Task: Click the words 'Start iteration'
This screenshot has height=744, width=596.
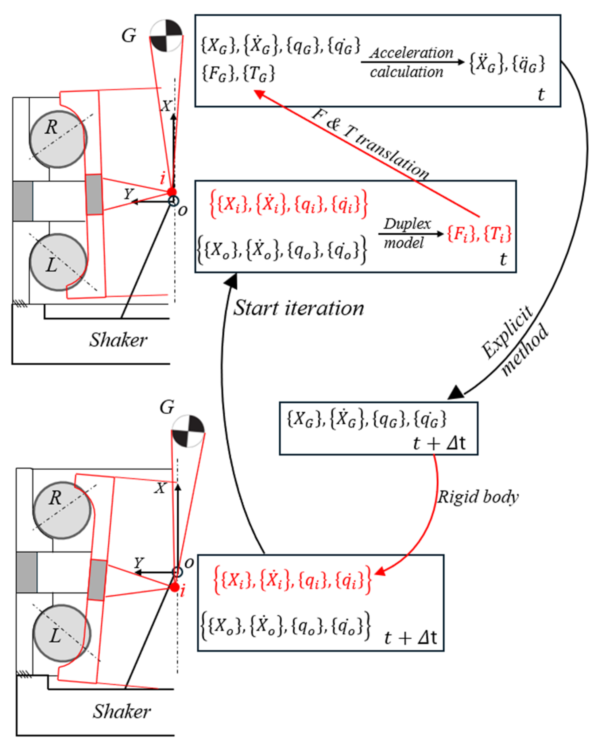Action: [x=299, y=308]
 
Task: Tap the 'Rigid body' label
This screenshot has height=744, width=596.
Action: [x=478, y=497]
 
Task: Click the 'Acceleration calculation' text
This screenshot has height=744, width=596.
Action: [x=412, y=62]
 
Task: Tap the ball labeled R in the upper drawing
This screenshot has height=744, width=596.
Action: [x=58, y=139]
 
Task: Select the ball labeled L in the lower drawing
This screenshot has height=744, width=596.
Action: [x=62, y=634]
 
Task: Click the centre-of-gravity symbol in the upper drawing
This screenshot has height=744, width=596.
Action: [x=166, y=36]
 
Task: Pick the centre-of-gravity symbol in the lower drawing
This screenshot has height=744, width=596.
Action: [x=188, y=431]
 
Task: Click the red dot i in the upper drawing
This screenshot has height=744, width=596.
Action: [x=172, y=192]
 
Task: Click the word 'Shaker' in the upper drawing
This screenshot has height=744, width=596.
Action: [x=118, y=340]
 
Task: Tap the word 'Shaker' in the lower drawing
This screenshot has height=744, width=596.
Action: [x=122, y=711]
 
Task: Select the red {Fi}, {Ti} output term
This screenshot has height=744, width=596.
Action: [x=479, y=234]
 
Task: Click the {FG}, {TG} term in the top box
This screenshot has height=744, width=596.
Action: [x=238, y=73]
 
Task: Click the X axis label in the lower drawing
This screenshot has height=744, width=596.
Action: [x=160, y=488]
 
